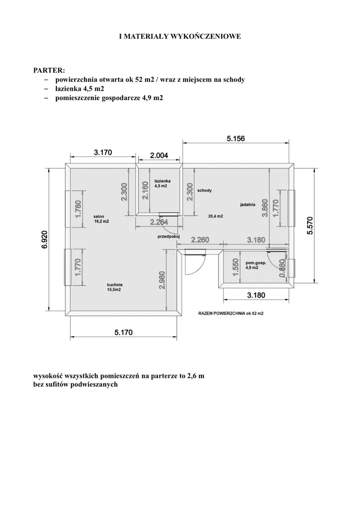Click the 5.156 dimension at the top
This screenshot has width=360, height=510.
236,139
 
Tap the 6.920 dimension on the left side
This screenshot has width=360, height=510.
44,240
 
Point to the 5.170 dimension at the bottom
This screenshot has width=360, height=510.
124,333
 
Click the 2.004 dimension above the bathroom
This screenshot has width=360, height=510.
159,156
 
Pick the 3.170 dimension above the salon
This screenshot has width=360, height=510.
103,152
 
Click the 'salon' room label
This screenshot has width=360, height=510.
99,216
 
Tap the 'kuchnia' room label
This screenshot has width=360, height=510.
115,285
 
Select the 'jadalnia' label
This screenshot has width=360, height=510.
248,204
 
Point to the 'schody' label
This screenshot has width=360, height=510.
204,190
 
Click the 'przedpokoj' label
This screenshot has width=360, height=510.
169,237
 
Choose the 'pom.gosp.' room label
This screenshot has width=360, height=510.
256,263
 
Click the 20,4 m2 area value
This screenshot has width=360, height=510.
215,216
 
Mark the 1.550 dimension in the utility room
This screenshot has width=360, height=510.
236,267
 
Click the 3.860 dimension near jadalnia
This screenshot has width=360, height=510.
265,208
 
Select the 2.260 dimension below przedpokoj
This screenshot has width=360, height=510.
200,240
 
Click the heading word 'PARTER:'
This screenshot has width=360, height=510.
49,70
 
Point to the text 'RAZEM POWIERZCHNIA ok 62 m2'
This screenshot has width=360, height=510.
231,314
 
